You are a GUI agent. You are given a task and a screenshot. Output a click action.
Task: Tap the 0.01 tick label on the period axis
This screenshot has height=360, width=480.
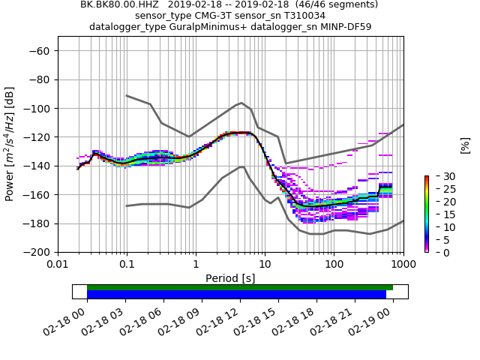pos(58,265)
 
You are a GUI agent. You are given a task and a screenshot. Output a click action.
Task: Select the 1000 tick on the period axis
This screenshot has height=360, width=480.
pos(403,265)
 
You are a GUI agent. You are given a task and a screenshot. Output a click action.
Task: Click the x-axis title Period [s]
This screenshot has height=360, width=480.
pos(230,278)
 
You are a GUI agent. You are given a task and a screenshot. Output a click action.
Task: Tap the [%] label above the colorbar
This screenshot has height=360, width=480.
pos(465,145)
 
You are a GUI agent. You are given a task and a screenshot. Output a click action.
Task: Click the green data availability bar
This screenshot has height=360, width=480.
pos(240,287)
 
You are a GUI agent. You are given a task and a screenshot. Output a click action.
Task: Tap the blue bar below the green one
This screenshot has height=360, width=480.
pos(236,295)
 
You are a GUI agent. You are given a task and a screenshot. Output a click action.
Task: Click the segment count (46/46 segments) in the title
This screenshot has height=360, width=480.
pos(331,4)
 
